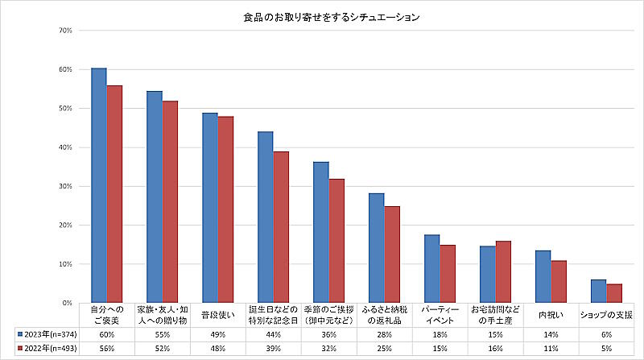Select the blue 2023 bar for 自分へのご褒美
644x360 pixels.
point(98,185)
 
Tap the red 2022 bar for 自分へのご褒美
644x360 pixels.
point(115,194)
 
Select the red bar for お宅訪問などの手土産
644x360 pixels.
point(503,271)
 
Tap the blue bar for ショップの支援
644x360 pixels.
point(598,291)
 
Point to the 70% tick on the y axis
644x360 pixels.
point(66,31)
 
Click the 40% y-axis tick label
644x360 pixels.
point(66,147)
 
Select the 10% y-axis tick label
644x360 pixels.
point(66,264)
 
